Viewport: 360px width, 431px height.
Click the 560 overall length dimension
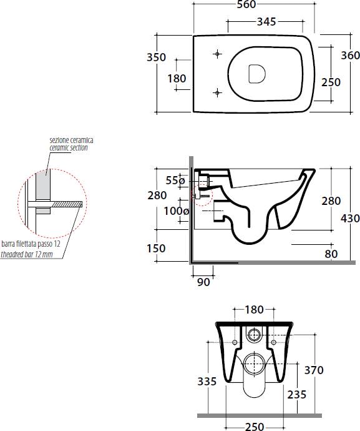point(246,4)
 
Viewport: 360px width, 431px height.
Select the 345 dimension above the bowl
point(266,22)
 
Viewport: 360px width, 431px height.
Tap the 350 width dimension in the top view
point(156,57)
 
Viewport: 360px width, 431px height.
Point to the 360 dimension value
point(351,56)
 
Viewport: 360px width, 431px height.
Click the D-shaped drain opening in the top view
point(257,74)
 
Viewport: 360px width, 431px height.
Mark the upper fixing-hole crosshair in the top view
point(218,54)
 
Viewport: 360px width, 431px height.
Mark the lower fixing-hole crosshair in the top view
point(218,93)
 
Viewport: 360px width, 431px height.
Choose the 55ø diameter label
point(175,181)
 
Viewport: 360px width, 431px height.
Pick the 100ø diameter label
point(177,211)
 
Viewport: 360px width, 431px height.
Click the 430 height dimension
point(351,219)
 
